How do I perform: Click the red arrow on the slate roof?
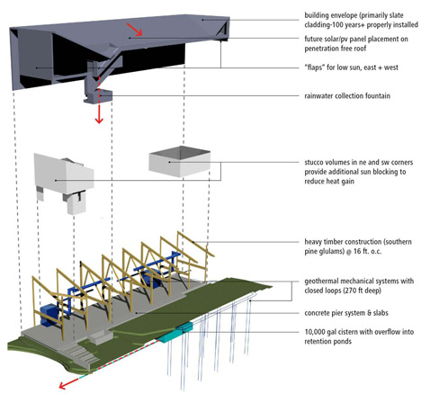134,30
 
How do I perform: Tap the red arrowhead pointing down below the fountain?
99,121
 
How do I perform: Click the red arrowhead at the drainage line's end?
62,385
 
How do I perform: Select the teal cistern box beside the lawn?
175,333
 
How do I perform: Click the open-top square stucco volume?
180,161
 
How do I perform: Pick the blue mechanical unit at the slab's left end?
50,314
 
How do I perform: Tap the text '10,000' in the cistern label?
314,332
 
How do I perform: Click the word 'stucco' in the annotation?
313,162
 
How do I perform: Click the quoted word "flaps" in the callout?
314,67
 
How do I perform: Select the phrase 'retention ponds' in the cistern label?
328,342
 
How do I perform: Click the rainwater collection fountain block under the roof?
98,95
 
